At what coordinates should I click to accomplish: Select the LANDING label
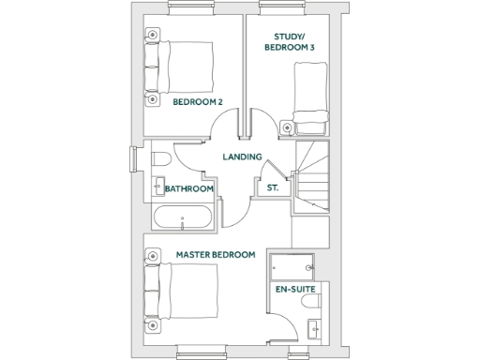(x=241, y=157)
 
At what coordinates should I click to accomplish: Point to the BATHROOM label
(x=189, y=188)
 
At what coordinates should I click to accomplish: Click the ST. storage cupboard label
(x=273, y=188)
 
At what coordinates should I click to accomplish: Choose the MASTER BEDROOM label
(x=216, y=254)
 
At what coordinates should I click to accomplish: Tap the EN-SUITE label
(x=293, y=291)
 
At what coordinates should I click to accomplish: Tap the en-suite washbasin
(x=315, y=327)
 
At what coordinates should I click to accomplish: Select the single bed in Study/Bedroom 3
(x=309, y=95)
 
